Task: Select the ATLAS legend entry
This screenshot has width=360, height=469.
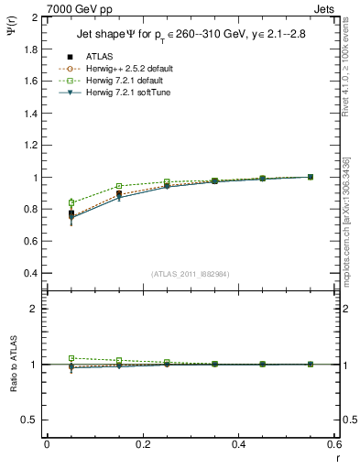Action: coord(96,57)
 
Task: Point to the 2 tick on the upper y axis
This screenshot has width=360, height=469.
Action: coord(34,17)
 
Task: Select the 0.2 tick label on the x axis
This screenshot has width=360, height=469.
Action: coord(142,444)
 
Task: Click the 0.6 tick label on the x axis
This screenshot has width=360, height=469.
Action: coord(334,444)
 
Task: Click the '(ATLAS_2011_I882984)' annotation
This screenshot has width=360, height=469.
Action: coord(191,274)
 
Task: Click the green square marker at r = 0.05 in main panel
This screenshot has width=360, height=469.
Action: coord(71,202)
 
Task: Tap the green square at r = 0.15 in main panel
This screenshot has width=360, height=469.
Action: coord(119,186)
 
